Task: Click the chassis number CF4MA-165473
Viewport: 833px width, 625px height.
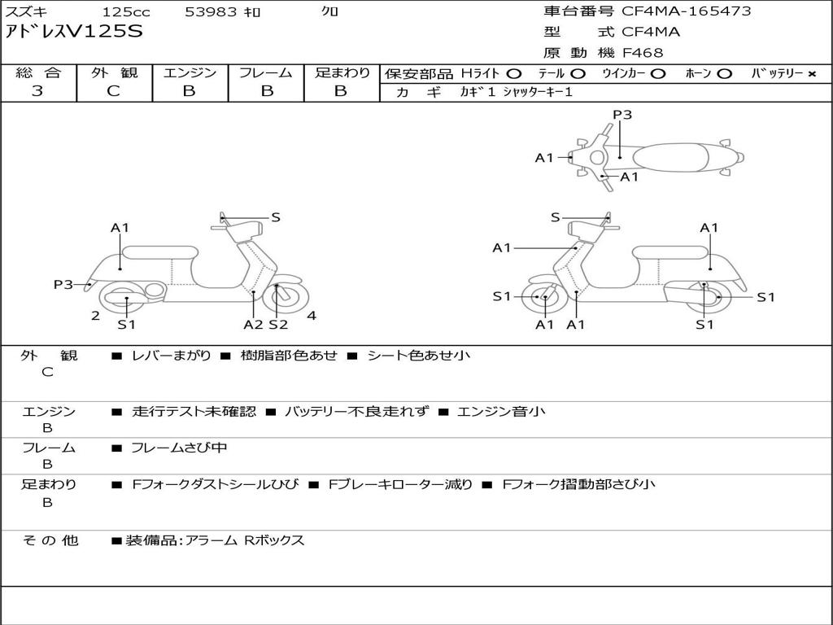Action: coord(687,11)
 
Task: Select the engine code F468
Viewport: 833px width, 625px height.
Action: coord(643,53)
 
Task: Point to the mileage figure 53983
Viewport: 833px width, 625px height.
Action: coord(211,12)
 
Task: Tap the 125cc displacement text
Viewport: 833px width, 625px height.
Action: coord(126,12)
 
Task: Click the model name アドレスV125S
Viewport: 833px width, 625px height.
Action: coord(74,33)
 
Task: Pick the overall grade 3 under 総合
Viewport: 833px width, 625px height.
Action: coord(37,91)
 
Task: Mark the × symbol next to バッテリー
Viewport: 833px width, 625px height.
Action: coord(811,74)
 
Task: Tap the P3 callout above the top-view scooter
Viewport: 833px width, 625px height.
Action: coord(622,115)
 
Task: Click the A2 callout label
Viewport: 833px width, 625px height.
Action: coord(254,325)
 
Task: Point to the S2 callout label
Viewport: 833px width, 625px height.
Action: coord(278,325)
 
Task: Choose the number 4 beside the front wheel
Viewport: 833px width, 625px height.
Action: coord(312,316)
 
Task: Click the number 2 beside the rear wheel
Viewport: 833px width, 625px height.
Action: coord(96,316)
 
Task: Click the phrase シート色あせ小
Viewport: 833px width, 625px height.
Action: coord(418,356)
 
